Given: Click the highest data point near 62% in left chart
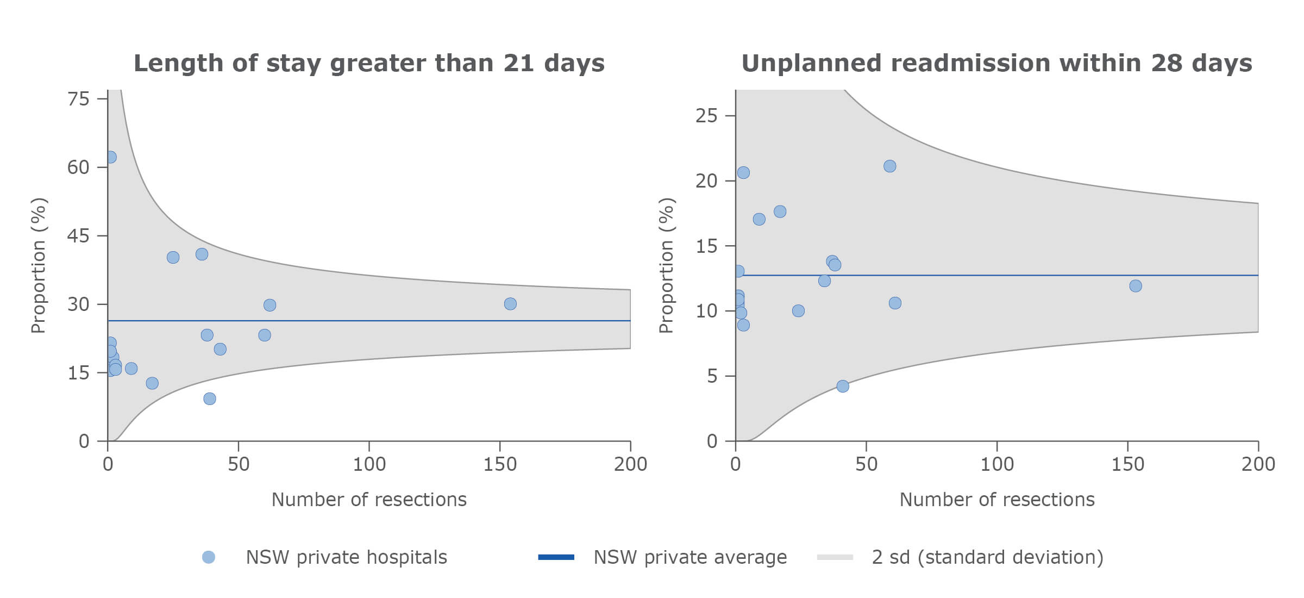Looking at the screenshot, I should [110, 157].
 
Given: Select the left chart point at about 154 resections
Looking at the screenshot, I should [510, 304].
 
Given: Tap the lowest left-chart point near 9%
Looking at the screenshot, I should [210, 399].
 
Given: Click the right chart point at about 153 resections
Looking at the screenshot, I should [1136, 286].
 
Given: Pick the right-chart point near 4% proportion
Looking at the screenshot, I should [843, 387].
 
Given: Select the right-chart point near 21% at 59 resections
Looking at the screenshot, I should [889, 166].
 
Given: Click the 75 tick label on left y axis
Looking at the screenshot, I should [78, 99].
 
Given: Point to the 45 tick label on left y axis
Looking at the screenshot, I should [78, 236].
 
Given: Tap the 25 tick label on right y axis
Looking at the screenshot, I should [706, 116].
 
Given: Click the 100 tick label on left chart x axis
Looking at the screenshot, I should [369, 464].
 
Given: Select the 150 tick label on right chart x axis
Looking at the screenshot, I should [1127, 464].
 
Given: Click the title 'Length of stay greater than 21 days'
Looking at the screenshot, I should [369, 63].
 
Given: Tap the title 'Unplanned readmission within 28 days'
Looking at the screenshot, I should [996, 63].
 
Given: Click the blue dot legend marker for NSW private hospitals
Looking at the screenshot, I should [209, 557].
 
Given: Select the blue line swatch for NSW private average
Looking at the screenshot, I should [556, 557].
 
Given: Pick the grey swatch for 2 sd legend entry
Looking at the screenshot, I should [835, 557].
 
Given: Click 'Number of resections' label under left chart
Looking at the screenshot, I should [369, 500].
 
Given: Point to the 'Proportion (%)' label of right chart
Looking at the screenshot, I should [666, 265].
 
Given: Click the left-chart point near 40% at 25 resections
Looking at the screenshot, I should [173, 258].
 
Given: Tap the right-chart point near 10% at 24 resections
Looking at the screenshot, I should [798, 311].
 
